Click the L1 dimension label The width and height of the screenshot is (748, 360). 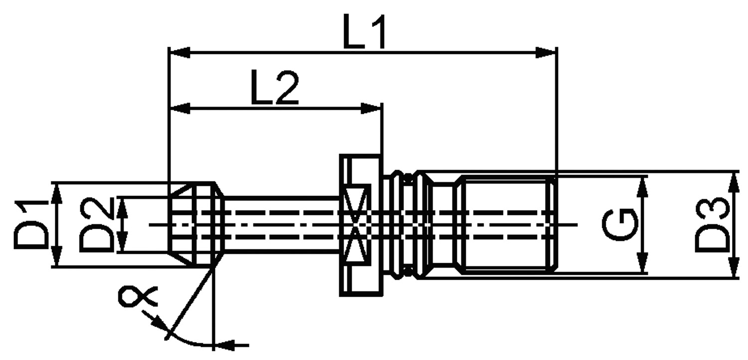point(365,31)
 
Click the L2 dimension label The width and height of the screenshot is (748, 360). point(274,87)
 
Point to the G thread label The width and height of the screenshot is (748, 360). point(619,225)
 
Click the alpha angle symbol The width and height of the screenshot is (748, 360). point(138,296)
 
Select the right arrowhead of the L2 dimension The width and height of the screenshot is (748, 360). point(371,109)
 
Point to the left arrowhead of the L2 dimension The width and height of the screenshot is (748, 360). point(180,109)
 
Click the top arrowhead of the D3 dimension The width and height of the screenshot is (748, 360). point(734,182)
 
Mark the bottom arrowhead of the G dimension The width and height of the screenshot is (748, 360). point(642,263)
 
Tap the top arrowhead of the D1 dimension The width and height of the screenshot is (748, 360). point(57,193)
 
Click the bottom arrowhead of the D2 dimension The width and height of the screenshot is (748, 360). point(123,241)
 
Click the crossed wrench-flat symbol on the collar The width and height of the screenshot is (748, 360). point(355,224)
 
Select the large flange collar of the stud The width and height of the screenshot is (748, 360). point(361,225)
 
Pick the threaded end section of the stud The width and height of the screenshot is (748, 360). point(507,224)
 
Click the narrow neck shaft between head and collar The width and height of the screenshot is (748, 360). point(282,224)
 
